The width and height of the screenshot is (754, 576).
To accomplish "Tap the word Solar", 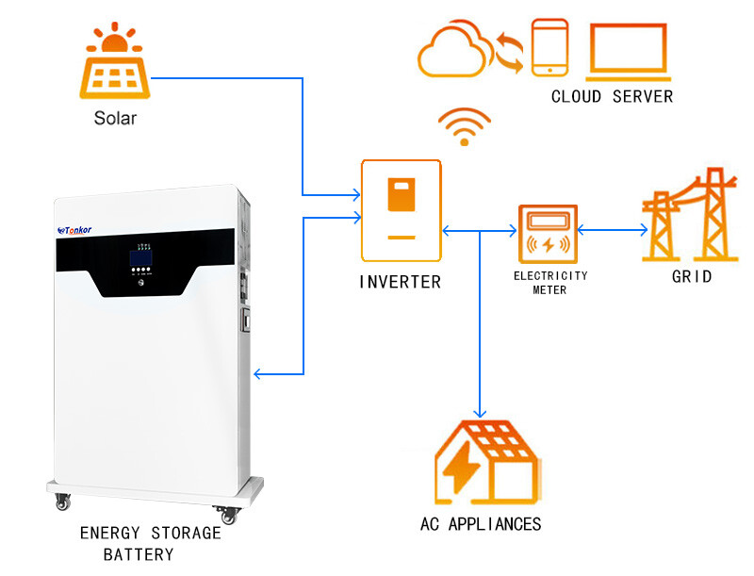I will pos(115,119).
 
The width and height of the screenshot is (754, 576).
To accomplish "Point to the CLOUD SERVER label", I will pos(612,96).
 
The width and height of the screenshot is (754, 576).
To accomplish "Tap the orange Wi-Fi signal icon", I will pos(464,127).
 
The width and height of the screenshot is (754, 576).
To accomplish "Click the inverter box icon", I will pos(402,210).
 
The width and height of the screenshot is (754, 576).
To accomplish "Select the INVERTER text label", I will pos(400,282).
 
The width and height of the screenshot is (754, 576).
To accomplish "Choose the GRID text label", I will pos(691,277).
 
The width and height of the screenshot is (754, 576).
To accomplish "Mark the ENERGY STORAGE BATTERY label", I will pos(150,544).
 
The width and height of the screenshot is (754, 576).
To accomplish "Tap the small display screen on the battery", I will pos(141,255).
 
